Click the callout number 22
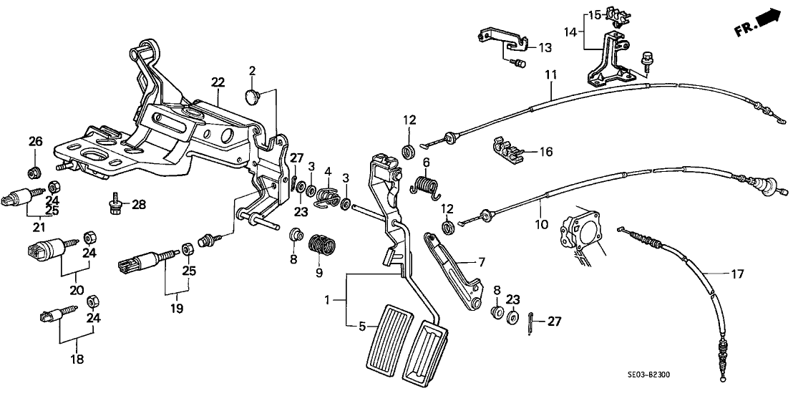[x=218, y=83]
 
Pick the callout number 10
[x=542, y=224]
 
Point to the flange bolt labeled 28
[x=115, y=206]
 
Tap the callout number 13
[x=545, y=48]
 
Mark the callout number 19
[x=176, y=309]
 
